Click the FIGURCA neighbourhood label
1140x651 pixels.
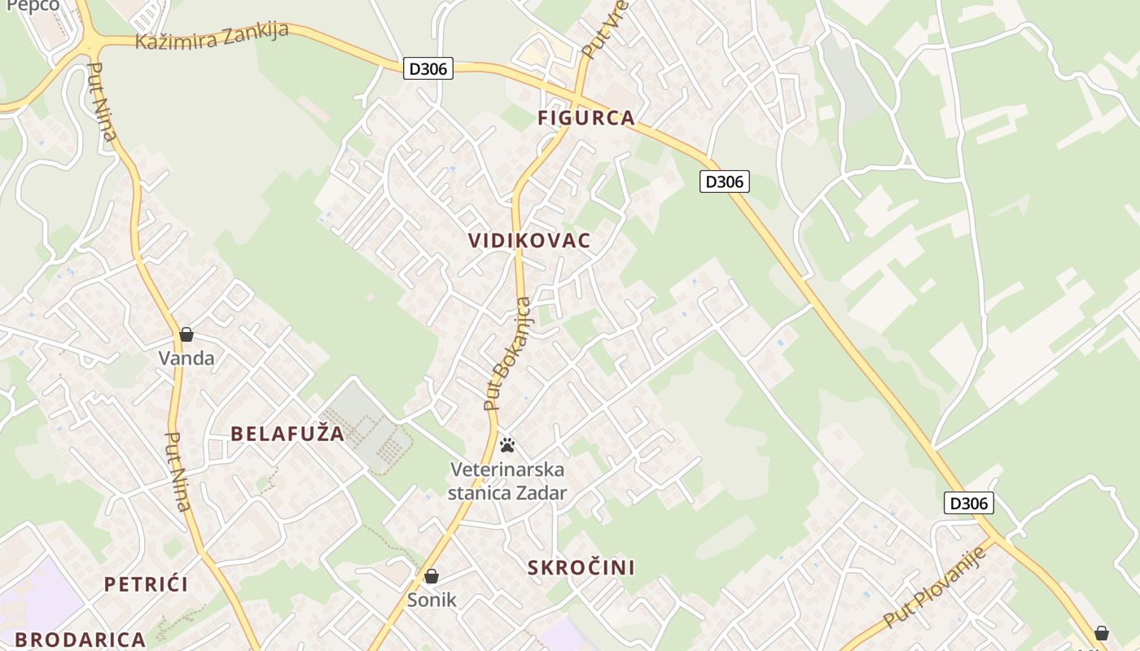[x=585, y=118]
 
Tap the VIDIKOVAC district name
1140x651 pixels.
[x=529, y=241]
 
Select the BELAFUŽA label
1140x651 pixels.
[x=287, y=434]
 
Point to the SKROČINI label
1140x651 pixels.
[x=581, y=568]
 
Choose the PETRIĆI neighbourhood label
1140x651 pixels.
[x=146, y=584]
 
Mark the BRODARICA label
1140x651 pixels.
[x=80, y=640]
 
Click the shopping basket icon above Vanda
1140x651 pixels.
[x=186, y=334]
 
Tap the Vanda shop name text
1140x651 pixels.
[x=186, y=358]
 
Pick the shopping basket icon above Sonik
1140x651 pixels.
[x=432, y=577]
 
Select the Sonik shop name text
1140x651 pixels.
[x=432, y=601]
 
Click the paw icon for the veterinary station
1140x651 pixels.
[x=507, y=445]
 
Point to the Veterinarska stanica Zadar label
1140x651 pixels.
[x=507, y=481]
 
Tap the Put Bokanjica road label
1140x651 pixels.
[x=507, y=354]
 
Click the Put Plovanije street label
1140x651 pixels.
[x=935, y=588]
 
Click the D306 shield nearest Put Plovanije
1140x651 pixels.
[x=968, y=503]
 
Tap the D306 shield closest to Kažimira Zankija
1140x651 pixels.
[x=427, y=68]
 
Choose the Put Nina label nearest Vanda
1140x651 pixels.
[x=178, y=471]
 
